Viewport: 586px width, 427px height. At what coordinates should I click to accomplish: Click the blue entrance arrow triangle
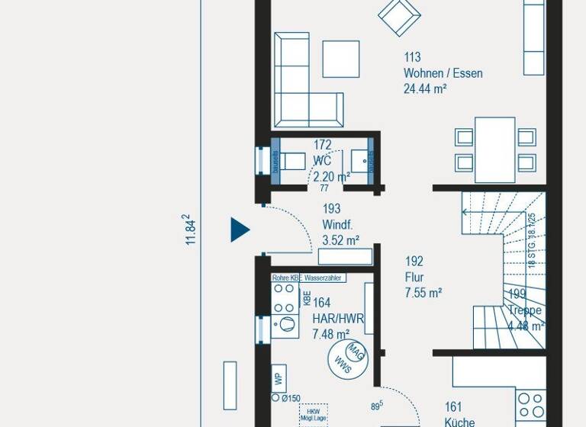pos(240,230)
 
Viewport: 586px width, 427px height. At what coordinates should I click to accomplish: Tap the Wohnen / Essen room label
pos(443,74)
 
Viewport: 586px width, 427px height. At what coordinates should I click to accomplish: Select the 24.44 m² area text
pos(424,88)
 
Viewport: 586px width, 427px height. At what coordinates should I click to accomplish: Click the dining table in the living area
pos(495,149)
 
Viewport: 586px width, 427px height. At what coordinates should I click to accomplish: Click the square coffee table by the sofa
pos(340,59)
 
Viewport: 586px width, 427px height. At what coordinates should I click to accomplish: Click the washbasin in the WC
pos(360,160)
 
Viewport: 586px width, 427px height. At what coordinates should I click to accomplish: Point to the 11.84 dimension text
pos(190,230)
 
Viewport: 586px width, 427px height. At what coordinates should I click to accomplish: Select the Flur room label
pos(414,278)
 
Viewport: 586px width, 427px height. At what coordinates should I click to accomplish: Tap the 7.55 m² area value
pos(423,293)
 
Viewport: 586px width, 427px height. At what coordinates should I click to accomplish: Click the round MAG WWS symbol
pos(347,358)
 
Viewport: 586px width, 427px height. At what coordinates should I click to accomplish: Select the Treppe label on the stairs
pos(525,311)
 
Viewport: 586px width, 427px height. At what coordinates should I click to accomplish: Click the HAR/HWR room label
pos(338,319)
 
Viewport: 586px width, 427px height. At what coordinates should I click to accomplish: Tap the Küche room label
pos(460,422)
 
